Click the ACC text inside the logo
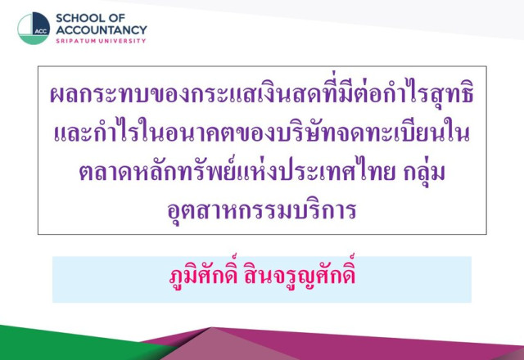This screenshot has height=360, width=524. [x=41, y=31]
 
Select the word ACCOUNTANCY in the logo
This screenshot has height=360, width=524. [x=102, y=30]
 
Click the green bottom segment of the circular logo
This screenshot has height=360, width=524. [x=33, y=39]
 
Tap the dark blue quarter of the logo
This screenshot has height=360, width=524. [x=41, y=24]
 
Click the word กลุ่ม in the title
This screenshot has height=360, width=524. [x=424, y=171]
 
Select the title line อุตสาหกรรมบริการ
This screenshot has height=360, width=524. [x=262, y=211]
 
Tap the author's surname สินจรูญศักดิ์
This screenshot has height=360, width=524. [x=300, y=274]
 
